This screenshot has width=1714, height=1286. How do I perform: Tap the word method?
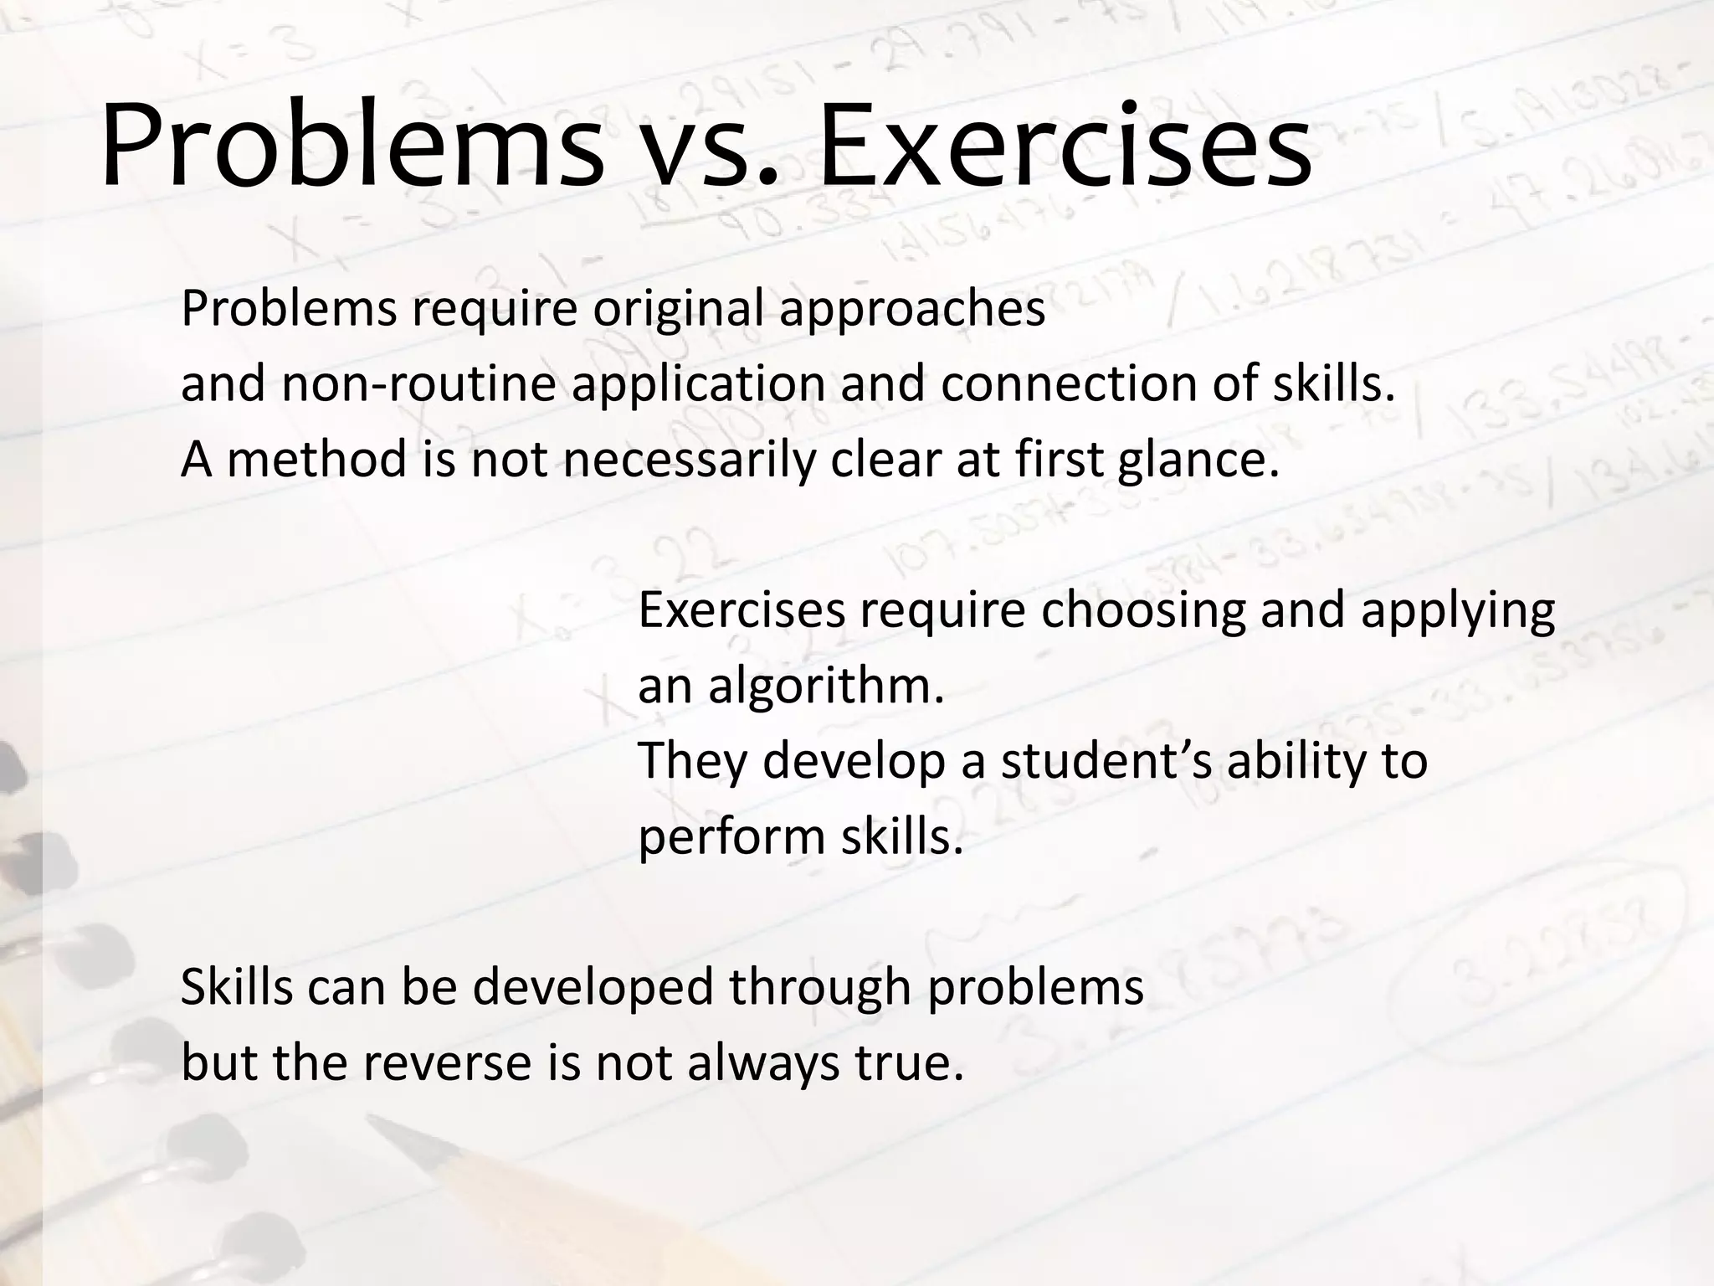coord(317,460)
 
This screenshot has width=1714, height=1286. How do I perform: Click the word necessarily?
coord(688,460)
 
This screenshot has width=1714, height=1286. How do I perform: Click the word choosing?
coord(1143,611)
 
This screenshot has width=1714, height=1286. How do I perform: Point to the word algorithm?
coord(827,687)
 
